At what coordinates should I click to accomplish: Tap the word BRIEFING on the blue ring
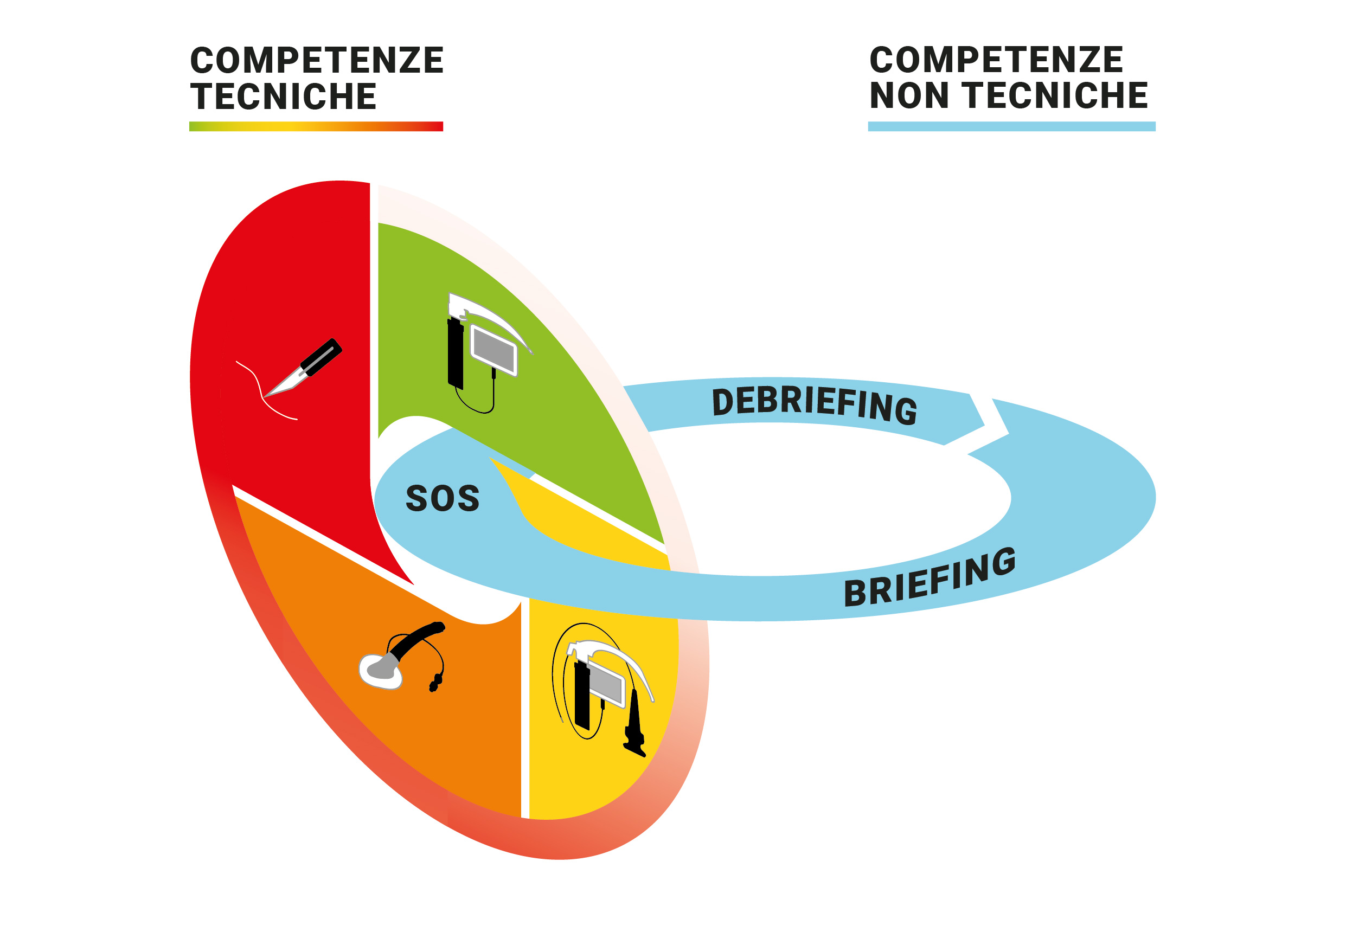pos(929,577)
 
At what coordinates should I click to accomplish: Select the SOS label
pos(443,498)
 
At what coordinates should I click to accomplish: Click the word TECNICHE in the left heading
pos(283,97)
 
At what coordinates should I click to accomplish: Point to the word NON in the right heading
pos(909,95)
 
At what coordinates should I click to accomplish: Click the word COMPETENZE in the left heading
pos(317,60)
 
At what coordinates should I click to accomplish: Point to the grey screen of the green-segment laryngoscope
pos(494,351)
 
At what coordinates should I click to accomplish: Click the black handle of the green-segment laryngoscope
pos(456,355)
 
